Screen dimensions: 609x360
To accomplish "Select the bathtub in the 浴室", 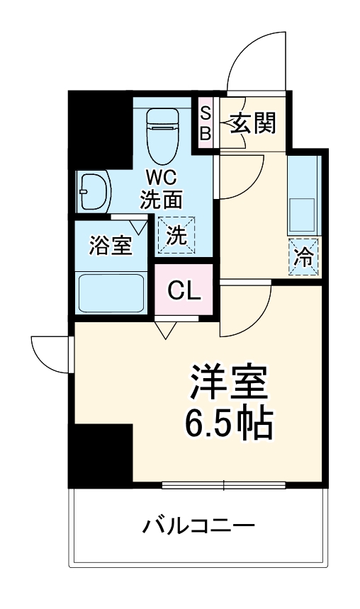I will point(112,292).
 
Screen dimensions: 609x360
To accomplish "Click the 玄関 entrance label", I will point(251,125).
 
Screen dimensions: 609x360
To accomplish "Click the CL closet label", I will point(184,290).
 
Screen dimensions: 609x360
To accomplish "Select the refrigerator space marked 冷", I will point(303,256).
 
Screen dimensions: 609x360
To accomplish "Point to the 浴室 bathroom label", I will point(110,246).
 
